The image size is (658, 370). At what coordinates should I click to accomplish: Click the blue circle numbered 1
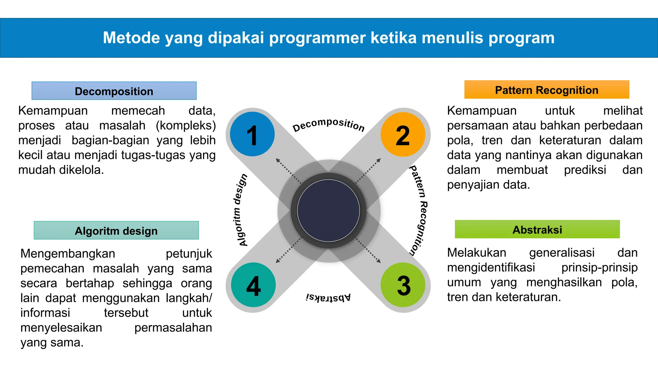(253, 134)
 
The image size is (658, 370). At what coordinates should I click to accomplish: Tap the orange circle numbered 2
(403, 135)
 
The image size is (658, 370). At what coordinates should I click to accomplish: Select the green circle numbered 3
(403, 285)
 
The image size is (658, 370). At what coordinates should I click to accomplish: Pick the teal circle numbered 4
(253, 285)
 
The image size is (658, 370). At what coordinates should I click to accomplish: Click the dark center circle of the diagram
(328, 211)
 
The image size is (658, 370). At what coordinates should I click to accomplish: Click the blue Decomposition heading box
(114, 91)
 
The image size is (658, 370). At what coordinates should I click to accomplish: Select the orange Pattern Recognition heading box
(547, 90)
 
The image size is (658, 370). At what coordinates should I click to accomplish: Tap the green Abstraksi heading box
(537, 229)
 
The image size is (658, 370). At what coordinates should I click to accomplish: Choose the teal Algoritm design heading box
(116, 230)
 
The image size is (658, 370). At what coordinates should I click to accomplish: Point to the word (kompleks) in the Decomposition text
(186, 126)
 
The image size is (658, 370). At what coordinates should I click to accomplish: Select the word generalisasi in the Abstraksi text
(562, 253)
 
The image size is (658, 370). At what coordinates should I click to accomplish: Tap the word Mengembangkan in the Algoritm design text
(68, 254)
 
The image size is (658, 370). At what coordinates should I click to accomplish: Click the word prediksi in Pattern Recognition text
(585, 170)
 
